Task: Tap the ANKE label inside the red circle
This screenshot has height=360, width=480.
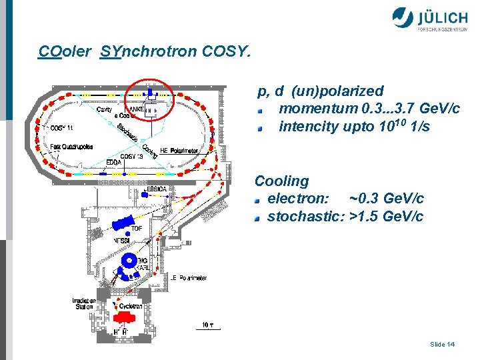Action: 137,109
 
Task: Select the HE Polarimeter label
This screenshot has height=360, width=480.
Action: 179,151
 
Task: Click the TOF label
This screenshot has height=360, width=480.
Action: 137,228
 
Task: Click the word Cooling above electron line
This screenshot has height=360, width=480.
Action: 282,181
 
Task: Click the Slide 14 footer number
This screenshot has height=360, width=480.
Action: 443,344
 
